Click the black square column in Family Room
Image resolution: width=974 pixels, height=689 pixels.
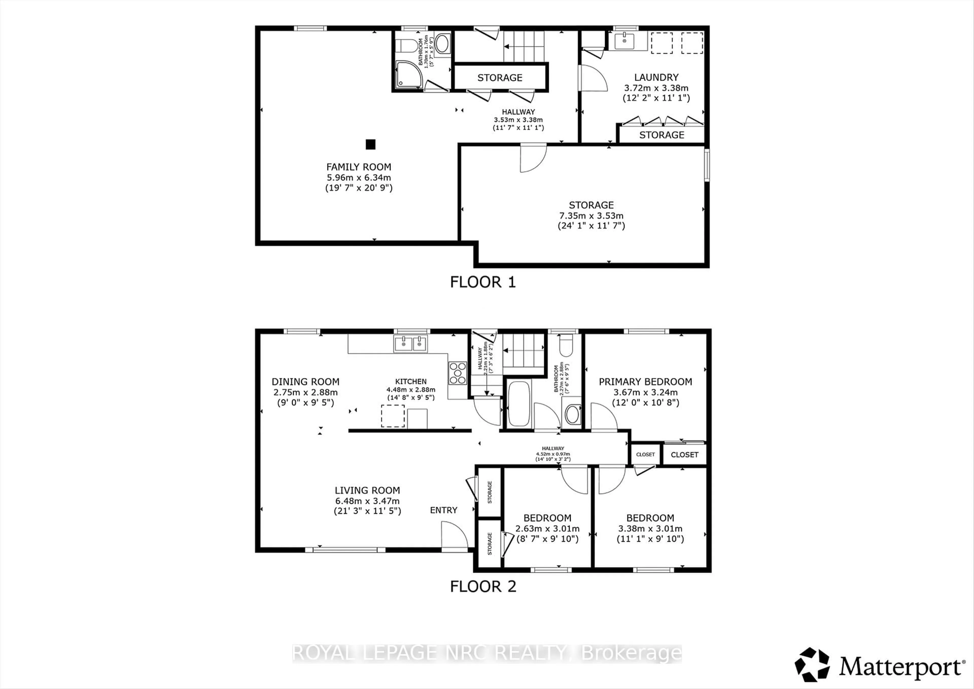pyautogui.click(x=370, y=145)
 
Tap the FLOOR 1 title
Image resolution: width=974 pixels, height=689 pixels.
pyautogui.click(x=483, y=282)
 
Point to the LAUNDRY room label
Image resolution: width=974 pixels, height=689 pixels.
pyautogui.click(x=656, y=77)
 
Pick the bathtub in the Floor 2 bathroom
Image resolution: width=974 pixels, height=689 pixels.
pyautogui.click(x=519, y=403)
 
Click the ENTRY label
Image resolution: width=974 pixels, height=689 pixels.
pyautogui.click(x=444, y=510)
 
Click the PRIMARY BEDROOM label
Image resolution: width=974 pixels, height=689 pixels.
pyautogui.click(x=645, y=382)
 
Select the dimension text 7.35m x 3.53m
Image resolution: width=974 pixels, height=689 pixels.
pyautogui.click(x=591, y=216)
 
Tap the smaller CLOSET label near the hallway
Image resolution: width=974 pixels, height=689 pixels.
pyautogui.click(x=645, y=454)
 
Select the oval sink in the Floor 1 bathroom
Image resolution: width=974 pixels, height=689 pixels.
pyautogui.click(x=442, y=43)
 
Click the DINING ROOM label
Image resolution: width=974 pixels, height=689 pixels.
pyautogui.click(x=305, y=382)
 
